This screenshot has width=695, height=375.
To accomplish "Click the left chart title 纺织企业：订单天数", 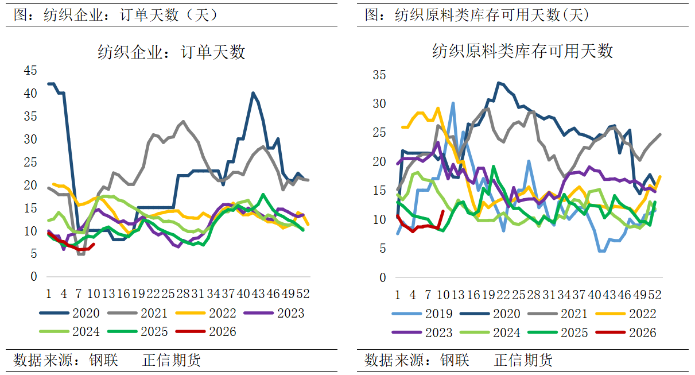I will pyautogui.click(x=171, y=52).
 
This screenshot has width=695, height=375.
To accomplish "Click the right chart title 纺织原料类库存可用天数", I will pyautogui.click(x=522, y=51).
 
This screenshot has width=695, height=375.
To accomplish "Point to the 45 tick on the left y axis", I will pyautogui.click(x=30, y=70).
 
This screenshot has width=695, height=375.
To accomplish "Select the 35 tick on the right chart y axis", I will pyautogui.click(x=379, y=75).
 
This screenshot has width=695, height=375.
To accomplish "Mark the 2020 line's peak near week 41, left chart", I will pyautogui.click(x=253, y=92).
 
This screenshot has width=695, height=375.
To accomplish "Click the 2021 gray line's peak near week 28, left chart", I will pyautogui.click(x=183, y=121).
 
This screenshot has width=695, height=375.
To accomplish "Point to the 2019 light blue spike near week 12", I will pyautogui.click(x=453, y=103).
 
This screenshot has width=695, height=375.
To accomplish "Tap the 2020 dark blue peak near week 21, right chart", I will pyautogui.click(x=498, y=83).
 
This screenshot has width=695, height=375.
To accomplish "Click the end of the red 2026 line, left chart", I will pyautogui.click(x=94, y=244).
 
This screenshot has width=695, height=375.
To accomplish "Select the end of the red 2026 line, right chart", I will pyautogui.click(x=442, y=211).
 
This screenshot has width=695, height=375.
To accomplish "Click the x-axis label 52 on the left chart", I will pyautogui.click(x=303, y=294).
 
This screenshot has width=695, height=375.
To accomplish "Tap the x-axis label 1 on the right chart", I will pyautogui.click(x=397, y=295).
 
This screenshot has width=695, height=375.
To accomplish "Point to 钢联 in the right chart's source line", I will pyautogui.click(x=455, y=361).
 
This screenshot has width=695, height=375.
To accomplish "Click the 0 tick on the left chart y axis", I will pyautogui.click(x=33, y=277).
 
